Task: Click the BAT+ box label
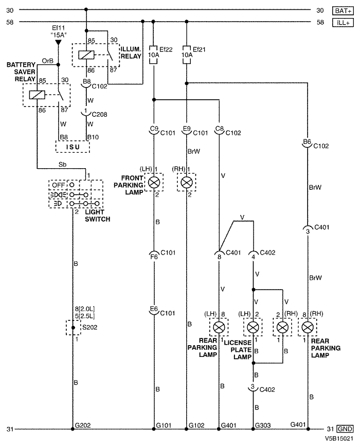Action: click(343, 11)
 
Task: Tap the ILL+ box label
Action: click(343, 23)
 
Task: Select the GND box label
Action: click(345, 429)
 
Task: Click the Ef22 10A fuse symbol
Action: click(154, 55)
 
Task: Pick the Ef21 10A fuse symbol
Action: click(187, 55)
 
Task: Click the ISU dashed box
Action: click(73, 147)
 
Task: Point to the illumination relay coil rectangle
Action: click(86, 55)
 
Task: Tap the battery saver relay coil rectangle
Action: click(37, 95)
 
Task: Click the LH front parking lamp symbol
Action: click(154, 182)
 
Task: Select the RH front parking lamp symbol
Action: click(187, 182)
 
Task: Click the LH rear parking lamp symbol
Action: click(219, 328)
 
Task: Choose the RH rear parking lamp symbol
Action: click(308, 328)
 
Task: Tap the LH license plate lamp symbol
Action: click(253, 328)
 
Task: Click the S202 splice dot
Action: click(73, 328)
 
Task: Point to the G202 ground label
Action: click(83, 425)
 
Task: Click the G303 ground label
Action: click(263, 425)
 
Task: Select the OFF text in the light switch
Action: click(58, 185)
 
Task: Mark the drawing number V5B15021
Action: click(339, 438)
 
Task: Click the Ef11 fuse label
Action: click(58, 28)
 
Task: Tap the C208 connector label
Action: click(99, 114)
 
